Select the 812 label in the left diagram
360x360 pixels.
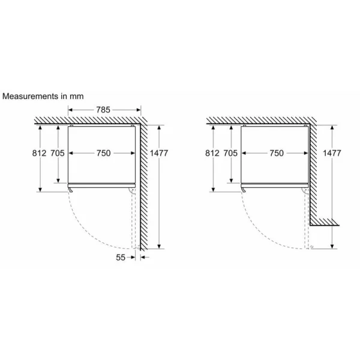[40, 154]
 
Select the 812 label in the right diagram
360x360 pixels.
[212, 154]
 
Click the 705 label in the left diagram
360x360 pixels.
[58, 154]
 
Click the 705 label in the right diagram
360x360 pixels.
[230, 154]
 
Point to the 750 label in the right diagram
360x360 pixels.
[275, 154]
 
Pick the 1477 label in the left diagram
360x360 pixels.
[159, 154]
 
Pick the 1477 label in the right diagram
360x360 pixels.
[332, 154]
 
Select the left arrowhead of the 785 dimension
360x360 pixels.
[70, 110]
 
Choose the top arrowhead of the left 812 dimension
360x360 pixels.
[40, 127]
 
